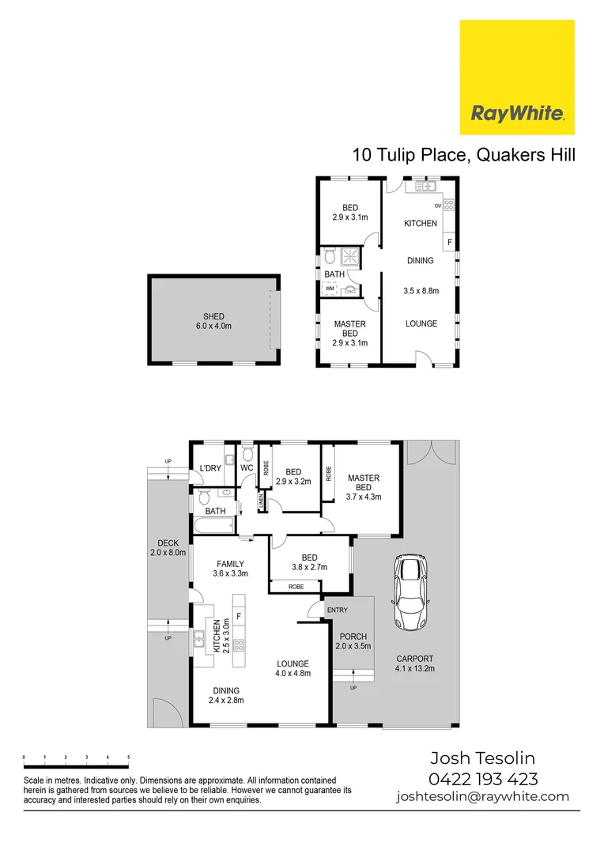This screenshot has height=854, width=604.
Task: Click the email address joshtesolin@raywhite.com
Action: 482,796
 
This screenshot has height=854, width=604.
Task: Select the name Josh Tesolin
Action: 482,759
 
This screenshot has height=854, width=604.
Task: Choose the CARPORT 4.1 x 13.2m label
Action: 415,663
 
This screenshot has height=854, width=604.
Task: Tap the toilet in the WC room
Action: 247,454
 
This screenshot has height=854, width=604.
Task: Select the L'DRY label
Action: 210,468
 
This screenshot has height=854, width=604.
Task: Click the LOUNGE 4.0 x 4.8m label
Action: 293,668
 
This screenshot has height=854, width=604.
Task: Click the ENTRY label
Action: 337,610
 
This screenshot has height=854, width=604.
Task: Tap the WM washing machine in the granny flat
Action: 329,289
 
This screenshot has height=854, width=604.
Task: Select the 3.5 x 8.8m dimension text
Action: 421,291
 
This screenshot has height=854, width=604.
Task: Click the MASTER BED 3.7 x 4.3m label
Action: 363,487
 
